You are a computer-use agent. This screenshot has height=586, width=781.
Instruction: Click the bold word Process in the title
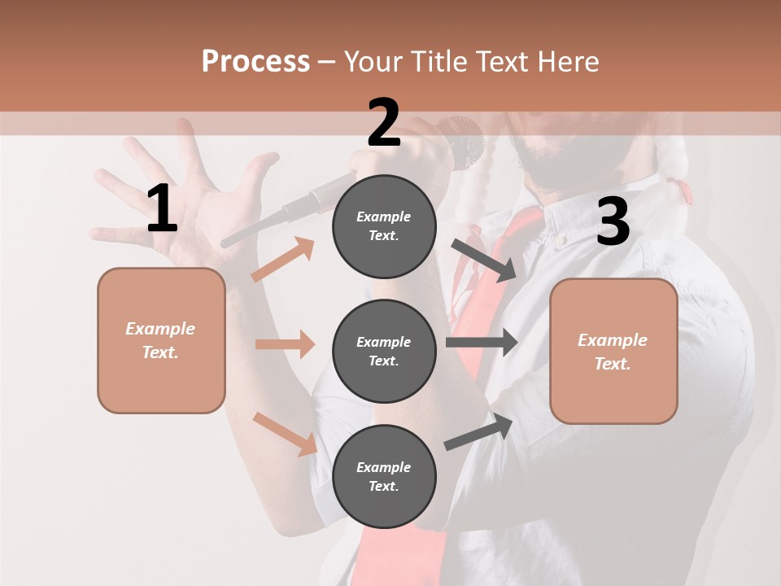(x=255, y=62)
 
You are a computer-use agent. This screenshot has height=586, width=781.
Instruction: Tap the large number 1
(x=162, y=209)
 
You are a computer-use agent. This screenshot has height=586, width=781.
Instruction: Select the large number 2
(x=384, y=123)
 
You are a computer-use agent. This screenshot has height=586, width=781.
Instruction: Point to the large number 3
(x=613, y=221)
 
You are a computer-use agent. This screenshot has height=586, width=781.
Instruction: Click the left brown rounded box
(x=161, y=340)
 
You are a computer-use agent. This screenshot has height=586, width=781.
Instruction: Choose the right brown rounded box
(x=613, y=351)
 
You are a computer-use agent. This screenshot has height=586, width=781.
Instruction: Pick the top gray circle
(x=384, y=226)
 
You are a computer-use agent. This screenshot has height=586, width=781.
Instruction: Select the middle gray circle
(x=384, y=351)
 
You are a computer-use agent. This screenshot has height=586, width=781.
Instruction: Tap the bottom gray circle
(x=384, y=476)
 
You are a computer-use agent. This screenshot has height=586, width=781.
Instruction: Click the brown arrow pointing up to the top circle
(x=283, y=260)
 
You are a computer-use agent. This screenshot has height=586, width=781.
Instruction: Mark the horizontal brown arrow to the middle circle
(x=285, y=344)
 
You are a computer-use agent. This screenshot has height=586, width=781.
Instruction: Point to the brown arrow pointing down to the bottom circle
(x=285, y=434)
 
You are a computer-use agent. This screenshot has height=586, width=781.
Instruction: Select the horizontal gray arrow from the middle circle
(x=481, y=342)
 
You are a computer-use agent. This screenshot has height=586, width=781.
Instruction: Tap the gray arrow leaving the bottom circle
(x=478, y=432)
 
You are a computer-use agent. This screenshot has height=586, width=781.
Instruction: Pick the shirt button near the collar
(x=560, y=240)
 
